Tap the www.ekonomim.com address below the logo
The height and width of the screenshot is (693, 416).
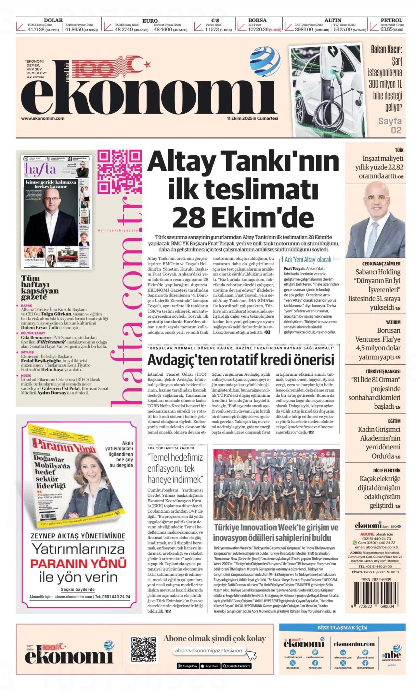(43, 118)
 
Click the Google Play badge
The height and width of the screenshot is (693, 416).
(188, 666)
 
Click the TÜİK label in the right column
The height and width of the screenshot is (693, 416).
(399, 150)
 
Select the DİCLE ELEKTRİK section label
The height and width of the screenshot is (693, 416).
(387, 470)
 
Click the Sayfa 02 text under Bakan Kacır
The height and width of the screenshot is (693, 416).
(390, 126)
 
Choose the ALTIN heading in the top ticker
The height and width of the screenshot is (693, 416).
(333, 20)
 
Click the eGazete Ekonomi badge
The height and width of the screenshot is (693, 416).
(237, 666)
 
